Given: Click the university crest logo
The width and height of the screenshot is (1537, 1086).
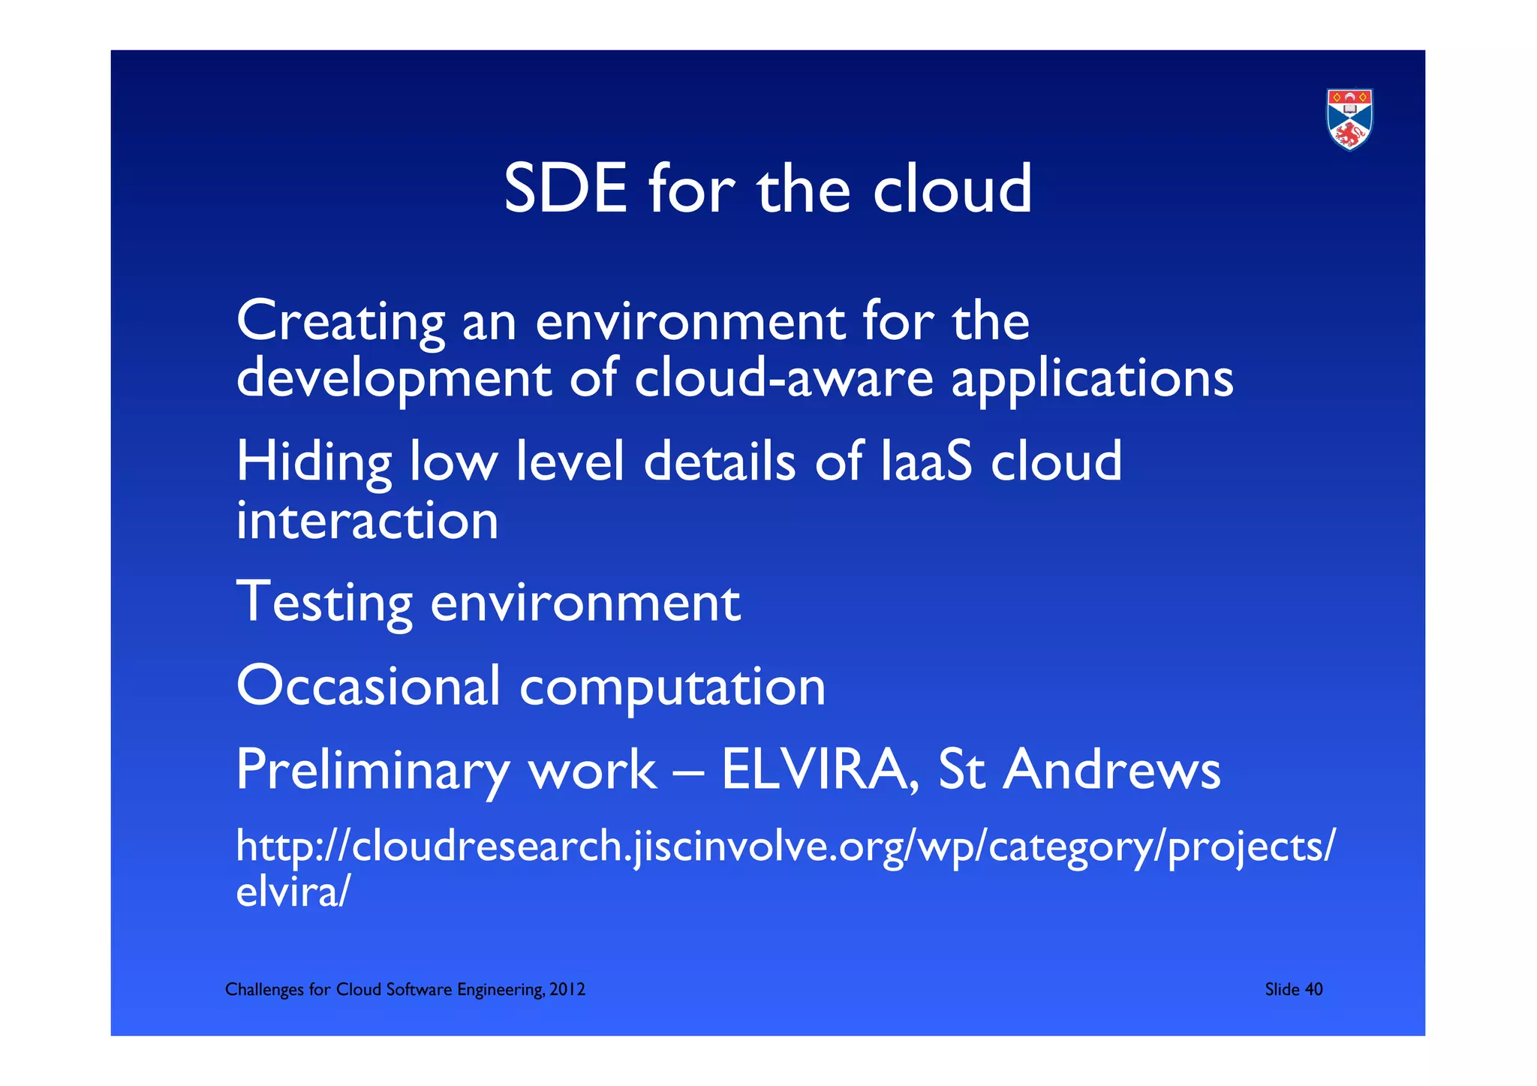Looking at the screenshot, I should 1349,119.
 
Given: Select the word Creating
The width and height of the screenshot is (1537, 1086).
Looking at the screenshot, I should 340,321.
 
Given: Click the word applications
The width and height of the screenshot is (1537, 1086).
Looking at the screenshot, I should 1092,379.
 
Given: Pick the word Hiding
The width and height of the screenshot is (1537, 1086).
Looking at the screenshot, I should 314,462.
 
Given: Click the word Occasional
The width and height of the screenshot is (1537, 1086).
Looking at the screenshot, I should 368,685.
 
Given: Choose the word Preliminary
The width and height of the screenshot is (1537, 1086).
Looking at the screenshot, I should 372,771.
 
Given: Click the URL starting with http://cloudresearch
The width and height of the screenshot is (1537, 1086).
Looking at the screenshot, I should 785,847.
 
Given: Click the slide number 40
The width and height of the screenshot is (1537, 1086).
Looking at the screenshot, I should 1313,989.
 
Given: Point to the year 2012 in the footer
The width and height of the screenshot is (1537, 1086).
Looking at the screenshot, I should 567,989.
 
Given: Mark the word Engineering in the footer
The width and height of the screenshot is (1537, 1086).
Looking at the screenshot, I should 501,990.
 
